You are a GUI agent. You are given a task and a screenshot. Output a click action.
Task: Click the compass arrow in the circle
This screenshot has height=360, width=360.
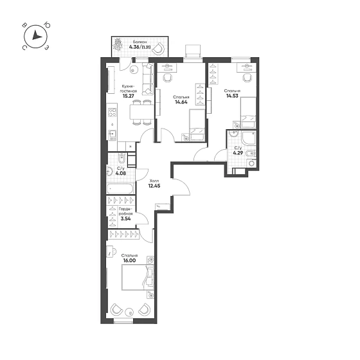pos(36,35)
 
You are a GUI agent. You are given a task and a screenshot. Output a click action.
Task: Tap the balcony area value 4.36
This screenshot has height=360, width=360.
pos(134,47)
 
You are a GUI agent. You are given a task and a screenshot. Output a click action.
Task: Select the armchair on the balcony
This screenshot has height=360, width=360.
pos(158,49)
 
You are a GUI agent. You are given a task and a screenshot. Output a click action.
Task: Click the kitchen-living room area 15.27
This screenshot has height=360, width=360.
pos(129,96)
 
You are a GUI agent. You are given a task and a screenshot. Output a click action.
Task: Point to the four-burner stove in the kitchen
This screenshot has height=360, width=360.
pos(113,113)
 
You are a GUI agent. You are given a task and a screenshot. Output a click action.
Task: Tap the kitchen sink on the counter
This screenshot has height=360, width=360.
pos(113,135)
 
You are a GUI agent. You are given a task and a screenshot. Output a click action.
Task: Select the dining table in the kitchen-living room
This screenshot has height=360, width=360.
pos(141,112)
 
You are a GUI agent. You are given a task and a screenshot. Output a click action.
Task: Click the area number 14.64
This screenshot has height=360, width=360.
pos(181,102)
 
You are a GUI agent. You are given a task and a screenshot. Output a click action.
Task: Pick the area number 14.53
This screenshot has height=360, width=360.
pos(232,96)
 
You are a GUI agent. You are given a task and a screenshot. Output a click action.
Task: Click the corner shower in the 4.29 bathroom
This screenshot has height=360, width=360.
pos(248,138)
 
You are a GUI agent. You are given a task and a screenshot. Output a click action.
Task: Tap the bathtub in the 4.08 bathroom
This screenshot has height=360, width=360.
pos(120,188)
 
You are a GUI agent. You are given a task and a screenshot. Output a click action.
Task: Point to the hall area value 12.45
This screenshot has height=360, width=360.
pos(154,186)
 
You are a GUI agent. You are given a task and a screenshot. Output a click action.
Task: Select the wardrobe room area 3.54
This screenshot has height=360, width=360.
pos(125,219)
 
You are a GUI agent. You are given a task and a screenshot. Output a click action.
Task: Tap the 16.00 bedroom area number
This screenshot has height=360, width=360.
pos(129,260)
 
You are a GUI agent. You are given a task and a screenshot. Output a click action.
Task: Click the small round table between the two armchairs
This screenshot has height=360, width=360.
pos(130,312)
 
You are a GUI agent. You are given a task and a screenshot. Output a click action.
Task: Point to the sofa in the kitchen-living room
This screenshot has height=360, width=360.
pos(148,79)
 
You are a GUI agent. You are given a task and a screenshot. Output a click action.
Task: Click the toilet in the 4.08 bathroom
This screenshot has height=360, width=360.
pos(122,158)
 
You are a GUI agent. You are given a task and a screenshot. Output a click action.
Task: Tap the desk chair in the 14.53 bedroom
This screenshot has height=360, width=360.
pos(248,78)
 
